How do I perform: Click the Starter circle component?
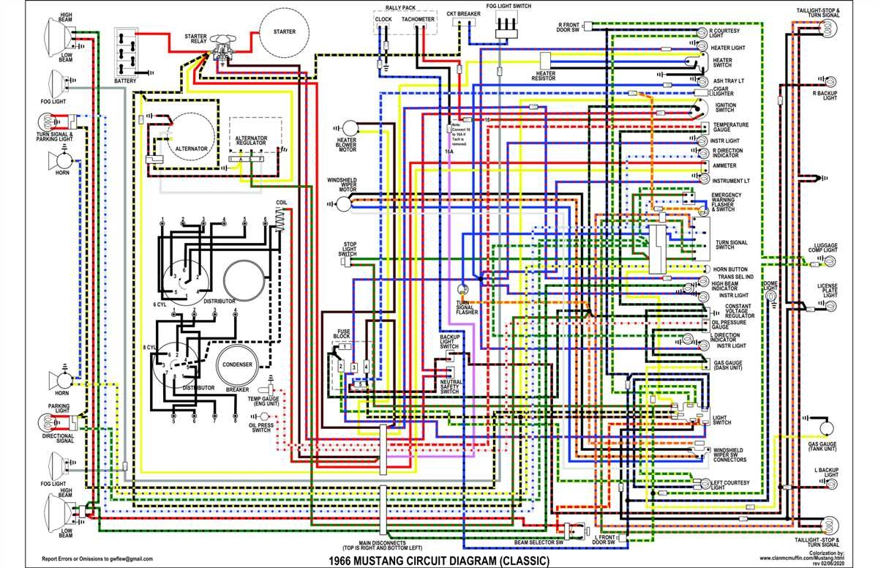point(285,33)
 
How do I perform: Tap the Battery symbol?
point(125,51)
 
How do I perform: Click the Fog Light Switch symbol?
point(505,25)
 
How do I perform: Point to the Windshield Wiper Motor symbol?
point(342,204)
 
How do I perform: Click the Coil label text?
point(282,202)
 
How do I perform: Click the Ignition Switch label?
point(724,108)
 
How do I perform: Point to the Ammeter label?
point(724,165)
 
